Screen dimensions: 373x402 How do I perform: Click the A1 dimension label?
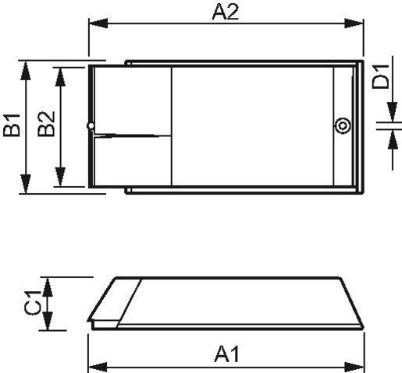(226, 355)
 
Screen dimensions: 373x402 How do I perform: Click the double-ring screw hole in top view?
(341, 126)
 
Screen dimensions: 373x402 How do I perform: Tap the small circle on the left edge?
(91, 125)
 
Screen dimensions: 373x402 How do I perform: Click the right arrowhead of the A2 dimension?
(358, 24)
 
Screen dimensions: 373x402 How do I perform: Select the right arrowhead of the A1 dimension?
(358, 365)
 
